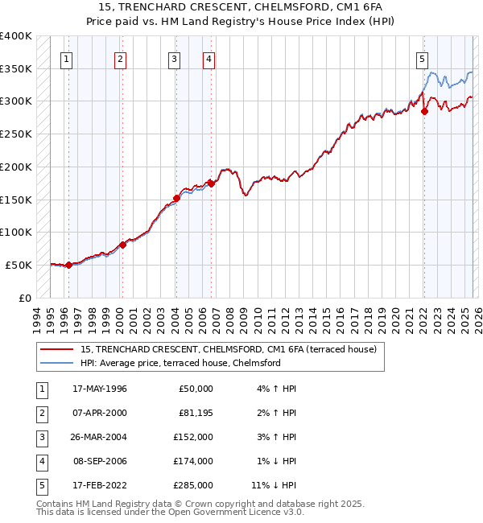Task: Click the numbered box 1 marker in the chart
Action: tap(65, 58)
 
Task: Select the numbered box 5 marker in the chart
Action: tap(422, 58)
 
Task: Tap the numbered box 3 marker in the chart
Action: tap(174, 58)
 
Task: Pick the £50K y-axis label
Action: tap(19, 265)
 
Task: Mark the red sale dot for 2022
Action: tap(424, 112)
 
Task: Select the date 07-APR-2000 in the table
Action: tap(100, 412)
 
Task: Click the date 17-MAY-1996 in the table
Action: tap(100, 388)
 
